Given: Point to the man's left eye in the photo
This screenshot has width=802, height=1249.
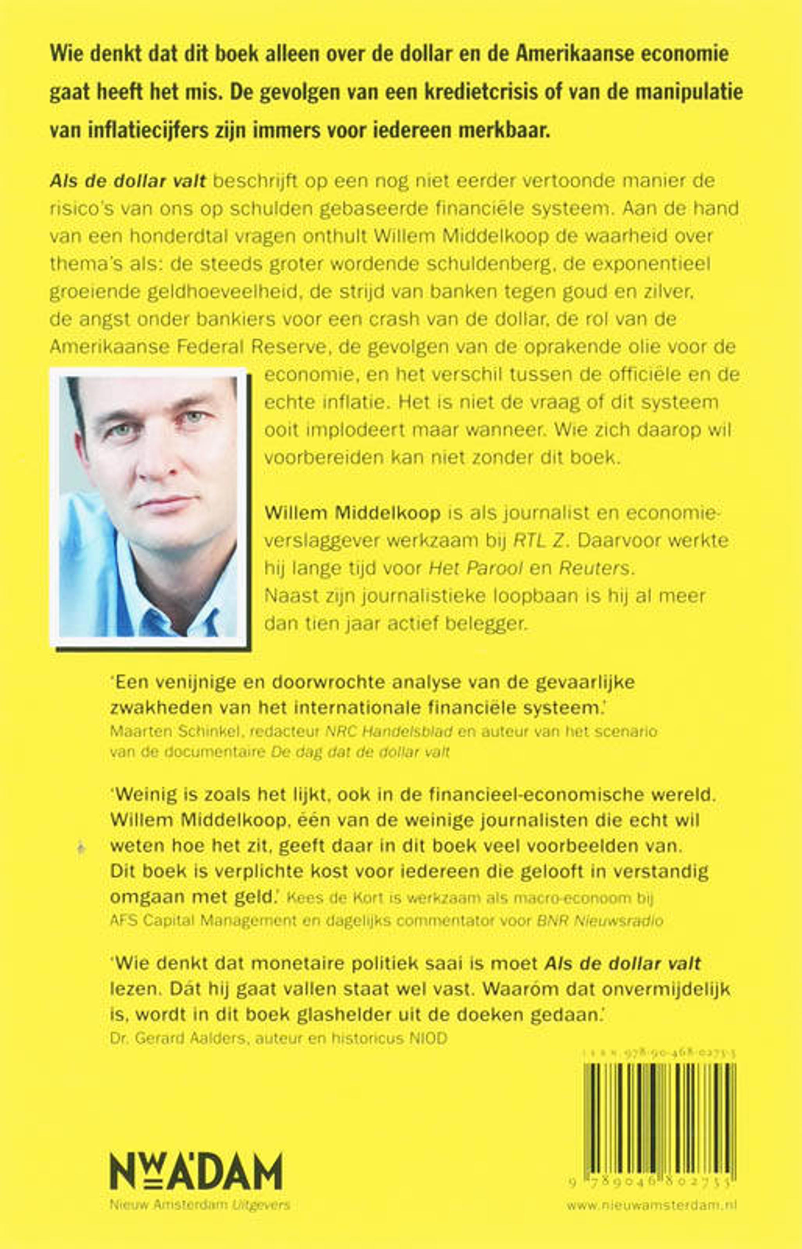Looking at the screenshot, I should pos(194,417).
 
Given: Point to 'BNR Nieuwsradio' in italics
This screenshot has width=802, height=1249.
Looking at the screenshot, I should pos(600,921).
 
